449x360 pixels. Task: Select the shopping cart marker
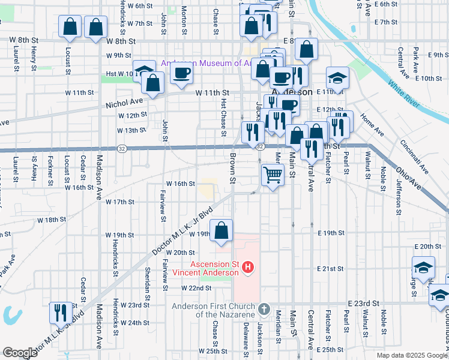[273, 175]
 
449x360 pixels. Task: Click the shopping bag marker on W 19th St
[221, 230]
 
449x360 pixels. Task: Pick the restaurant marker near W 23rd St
[60, 313]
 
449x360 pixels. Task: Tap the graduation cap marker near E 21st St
[423, 267]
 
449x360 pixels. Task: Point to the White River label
[403, 94]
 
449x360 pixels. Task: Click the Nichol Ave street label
[125, 102]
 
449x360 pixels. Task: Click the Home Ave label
[372, 124]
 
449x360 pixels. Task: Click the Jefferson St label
[397, 196]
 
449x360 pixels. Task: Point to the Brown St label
[232, 167]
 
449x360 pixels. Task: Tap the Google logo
[20, 353]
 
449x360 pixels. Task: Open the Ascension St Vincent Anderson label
[206, 268]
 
